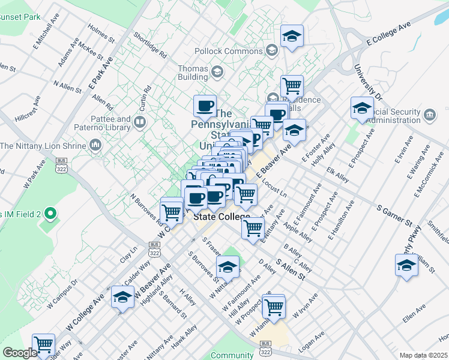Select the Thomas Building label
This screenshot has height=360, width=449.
point(193,73)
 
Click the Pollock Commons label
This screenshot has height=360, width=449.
point(238,51)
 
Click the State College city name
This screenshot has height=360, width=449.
point(221,217)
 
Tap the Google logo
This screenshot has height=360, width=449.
point(20,353)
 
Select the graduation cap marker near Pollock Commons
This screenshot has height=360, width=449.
point(292,37)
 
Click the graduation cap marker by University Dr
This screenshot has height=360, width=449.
point(363,108)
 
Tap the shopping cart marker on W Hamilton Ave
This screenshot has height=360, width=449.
point(273,306)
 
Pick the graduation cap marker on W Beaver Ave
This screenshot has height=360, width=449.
point(122,297)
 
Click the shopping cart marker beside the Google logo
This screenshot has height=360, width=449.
point(43,344)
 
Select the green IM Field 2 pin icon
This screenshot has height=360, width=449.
point(52,212)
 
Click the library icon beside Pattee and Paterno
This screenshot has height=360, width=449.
point(140,123)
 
